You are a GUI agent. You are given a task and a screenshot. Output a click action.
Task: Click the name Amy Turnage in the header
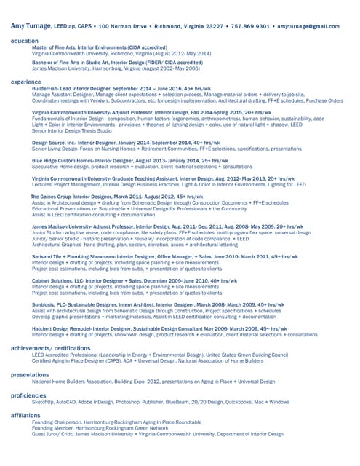coord(36,25)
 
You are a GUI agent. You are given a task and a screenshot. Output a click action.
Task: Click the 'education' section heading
coord(25,41)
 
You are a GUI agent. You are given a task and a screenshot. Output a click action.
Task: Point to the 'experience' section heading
coord(26,82)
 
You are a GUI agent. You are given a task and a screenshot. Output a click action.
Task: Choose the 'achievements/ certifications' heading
coord(51,349)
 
